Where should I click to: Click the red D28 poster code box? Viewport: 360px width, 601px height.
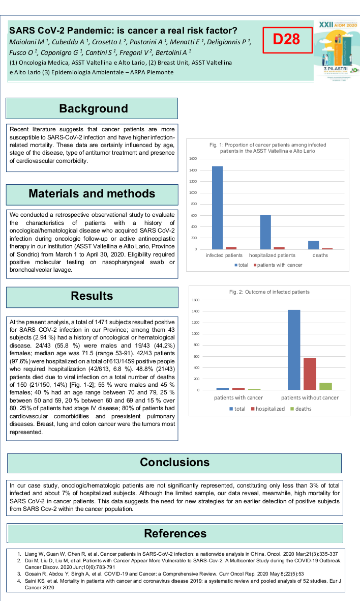[x=286, y=39]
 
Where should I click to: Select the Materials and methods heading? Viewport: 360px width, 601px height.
[x=92, y=193]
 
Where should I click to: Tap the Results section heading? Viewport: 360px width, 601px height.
[x=92, y=296]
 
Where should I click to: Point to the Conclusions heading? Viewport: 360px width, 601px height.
[x=174, y=462]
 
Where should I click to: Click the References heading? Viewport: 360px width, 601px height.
[x=174, y=533]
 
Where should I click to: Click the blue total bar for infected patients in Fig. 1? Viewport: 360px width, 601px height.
[x=217, y=208]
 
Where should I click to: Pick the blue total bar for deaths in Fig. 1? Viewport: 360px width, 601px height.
[x=314, y=245]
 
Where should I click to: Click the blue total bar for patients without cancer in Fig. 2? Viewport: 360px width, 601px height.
[x=294, y=350]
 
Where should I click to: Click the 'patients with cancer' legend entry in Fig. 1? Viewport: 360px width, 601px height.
[x=280, y=265]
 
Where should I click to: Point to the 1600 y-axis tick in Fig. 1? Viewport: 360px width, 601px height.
[x=193, y=159]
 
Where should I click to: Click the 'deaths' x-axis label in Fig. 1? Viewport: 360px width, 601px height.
[x=320, y=255]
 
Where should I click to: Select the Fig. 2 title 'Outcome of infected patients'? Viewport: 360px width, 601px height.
[x=269, y=292]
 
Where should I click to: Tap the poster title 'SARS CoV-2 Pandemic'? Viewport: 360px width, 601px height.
[x=124, y=30]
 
